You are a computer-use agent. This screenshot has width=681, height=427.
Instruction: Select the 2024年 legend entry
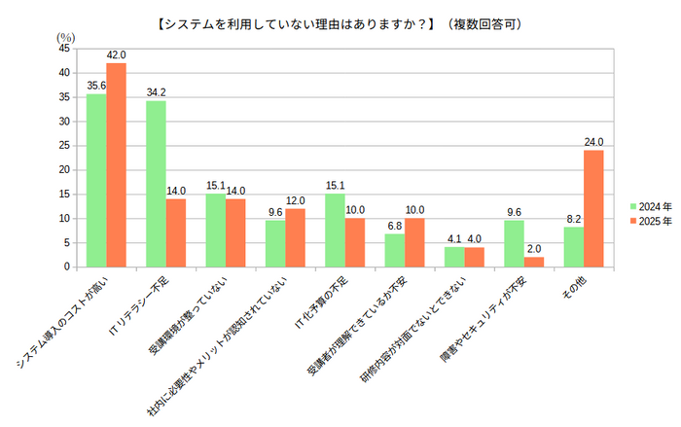[651, 206]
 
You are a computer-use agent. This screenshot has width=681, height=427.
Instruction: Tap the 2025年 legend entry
[651, 221]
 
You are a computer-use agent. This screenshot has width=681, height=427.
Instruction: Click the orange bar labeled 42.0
[117, 164]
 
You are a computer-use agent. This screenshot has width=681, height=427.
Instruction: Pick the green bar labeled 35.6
[96, 180]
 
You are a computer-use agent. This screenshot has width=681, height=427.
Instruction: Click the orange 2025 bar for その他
[593, 208]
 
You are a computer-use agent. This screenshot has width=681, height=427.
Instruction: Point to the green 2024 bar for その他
[573, 246]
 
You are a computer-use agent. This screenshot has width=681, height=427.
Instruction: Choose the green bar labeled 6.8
[394, 250]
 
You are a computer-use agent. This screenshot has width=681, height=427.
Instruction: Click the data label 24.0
[593, 142]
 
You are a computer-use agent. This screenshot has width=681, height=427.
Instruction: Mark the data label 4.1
[453, 238]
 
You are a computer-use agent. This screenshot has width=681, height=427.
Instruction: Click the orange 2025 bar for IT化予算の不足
[355, 242]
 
